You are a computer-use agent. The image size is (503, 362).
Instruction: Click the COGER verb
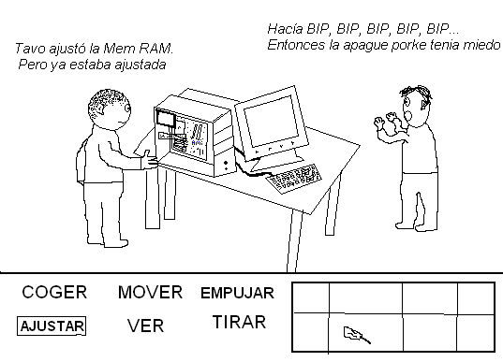pyautogui.click(x=54, y=292)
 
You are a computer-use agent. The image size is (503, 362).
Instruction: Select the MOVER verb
pyautogui.click(x=150, y=292)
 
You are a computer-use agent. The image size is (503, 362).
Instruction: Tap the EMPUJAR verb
pyautogui.click(x=237, y=293)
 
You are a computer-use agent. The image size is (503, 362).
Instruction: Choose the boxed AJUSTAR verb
pyautogui.click(x=52, y=326)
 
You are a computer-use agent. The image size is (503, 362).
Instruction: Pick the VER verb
pyautogui.click(x=145, y=326)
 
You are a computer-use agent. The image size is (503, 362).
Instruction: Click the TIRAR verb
pyautogui.click(x=239, y=322)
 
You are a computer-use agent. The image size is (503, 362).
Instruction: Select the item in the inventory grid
pyautogui.click(x=357, y=335)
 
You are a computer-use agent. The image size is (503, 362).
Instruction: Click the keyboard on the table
pyautogui.click(x=293, y=178)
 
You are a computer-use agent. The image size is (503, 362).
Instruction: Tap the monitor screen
pyautogui.click(x=271, y=120)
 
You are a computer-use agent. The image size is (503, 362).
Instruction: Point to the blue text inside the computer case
pyautogui.click(x=197, y=143)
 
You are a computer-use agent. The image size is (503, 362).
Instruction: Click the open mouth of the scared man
pyautogui.click(x=408, y=116)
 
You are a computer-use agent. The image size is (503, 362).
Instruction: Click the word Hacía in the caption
pyautogui.click(x=285, y=29)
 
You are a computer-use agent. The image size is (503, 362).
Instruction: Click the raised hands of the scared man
pyautogui.click(x=387, y=120)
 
